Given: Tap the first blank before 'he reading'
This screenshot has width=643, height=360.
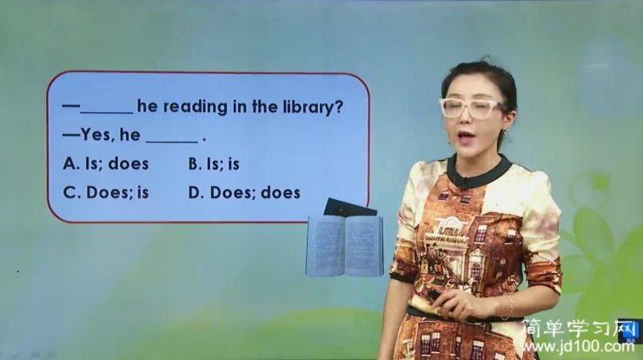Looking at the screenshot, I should click(x=107, y=111).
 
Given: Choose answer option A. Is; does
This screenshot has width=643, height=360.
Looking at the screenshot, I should click(x=106, y=163).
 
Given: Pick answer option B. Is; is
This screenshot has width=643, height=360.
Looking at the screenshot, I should click(x=214, y=163).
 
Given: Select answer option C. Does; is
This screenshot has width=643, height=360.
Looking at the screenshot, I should click(x=106, y=192).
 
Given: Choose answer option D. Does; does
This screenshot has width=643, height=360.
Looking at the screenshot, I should click(x=244, y=192).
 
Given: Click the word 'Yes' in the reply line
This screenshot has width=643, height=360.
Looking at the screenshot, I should click(x=97, y=135).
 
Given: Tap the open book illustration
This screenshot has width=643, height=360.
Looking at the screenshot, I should click(x=344, y=245).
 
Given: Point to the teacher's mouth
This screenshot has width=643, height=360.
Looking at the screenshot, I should click(x=467, y=136).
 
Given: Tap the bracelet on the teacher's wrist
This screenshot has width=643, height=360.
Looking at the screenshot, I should click(x=509, y=306).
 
